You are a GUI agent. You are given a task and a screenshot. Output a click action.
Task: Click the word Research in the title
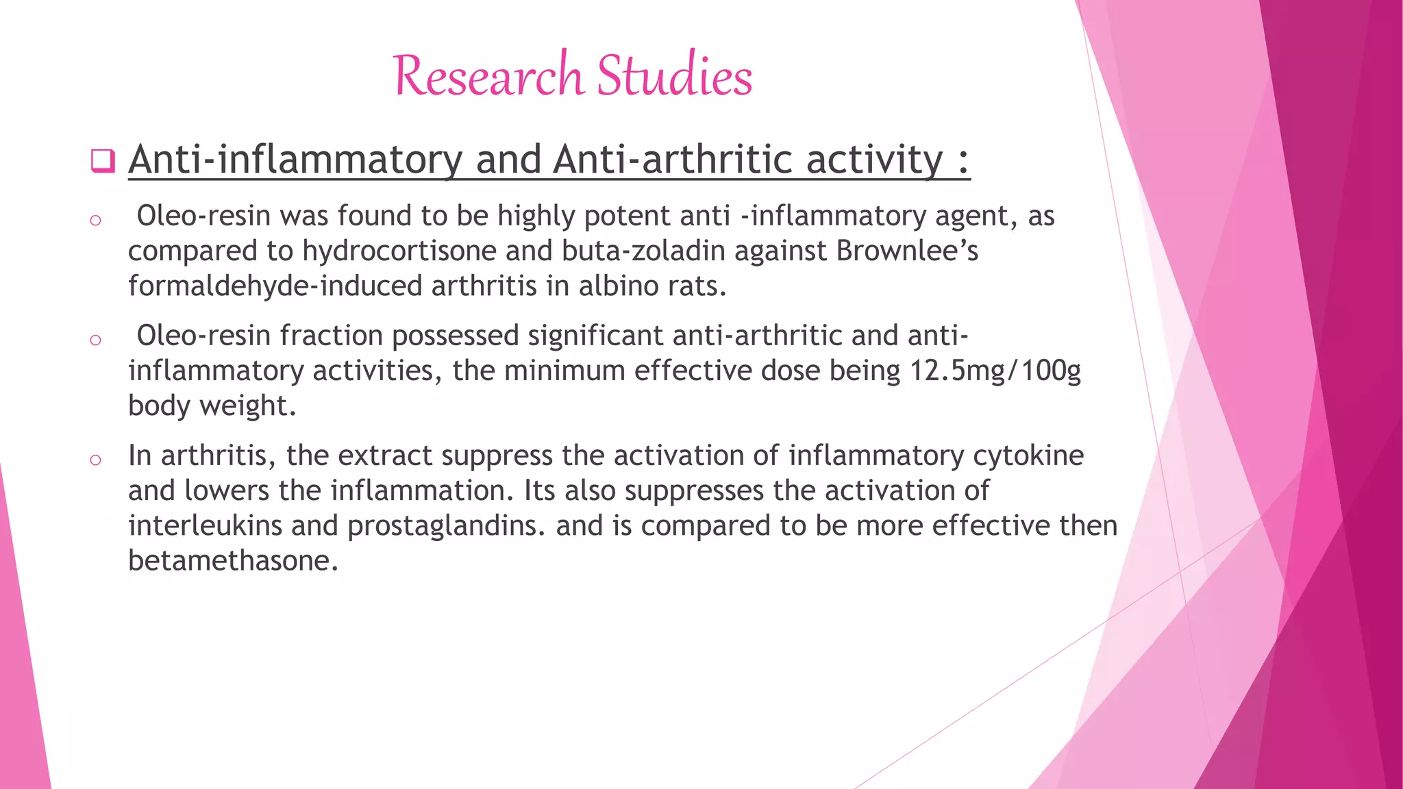[x=488, y=75]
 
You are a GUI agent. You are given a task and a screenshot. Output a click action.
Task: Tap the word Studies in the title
[x=674, y=75]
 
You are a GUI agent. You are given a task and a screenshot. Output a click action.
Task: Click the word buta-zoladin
[x=643, y=251]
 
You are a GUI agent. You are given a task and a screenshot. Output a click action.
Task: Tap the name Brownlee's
[x=907, y=251]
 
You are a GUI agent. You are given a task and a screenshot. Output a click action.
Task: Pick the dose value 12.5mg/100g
[x=995, y=371]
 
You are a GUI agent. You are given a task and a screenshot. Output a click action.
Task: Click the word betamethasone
[x=233, y=560]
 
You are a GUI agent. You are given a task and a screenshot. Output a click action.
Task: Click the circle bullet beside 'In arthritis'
[x=95, y=460]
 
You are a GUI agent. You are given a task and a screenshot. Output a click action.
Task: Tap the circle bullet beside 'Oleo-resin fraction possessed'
[x=95, y=340]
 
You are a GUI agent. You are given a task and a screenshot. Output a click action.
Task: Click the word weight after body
[x=247, y=405]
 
